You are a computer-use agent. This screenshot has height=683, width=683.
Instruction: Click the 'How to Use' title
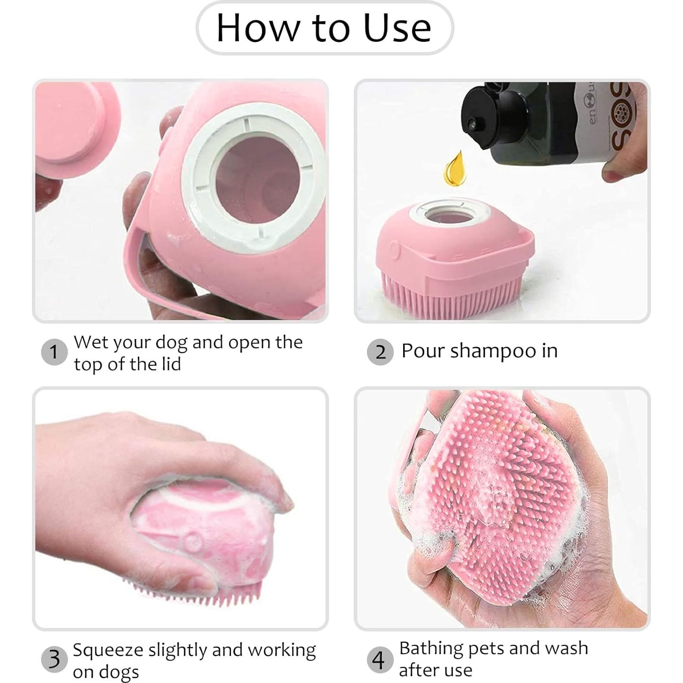click(324, 28)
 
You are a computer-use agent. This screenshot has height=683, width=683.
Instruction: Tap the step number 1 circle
click(54, 352)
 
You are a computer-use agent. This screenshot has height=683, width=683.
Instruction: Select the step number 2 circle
click(380, 352)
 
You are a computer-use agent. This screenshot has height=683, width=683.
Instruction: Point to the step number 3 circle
click(54, 659)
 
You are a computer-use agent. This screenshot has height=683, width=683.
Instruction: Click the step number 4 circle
click(379, 659)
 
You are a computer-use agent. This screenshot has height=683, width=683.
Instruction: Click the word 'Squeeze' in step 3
click(107, 650)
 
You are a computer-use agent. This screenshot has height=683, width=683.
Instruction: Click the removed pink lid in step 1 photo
click(75, 122)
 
